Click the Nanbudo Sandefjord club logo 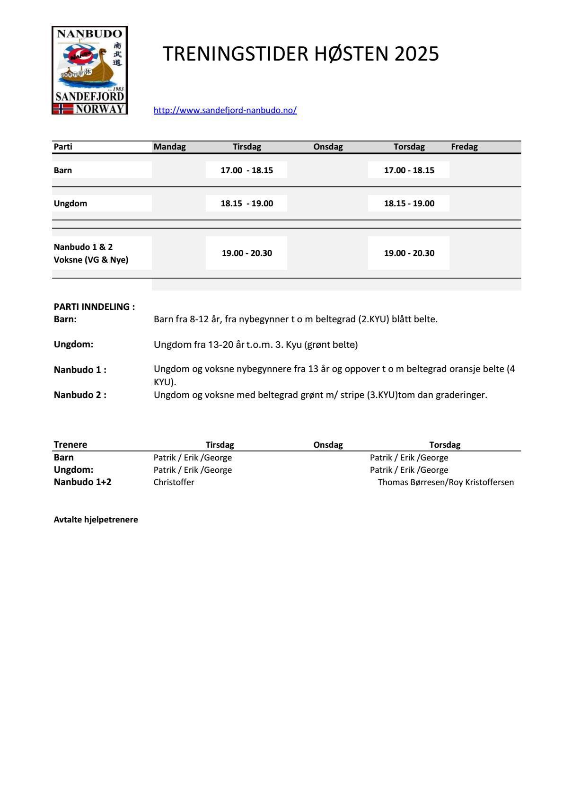click(x=89, y=70)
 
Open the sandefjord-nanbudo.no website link click(x=225, y=110)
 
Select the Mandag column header click(x=170, y=147)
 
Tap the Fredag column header click(x=464, y=147)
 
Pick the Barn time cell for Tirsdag click(x=246, y=170)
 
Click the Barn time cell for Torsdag click(x=409, y=170)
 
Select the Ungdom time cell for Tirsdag click(x=246, y=203)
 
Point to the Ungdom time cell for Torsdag click(x=409, y=203)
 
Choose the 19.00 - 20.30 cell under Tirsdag click(x=246, y=253)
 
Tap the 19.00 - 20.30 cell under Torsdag click(x=409, y=253)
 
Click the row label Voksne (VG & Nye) click(x=91, y=259)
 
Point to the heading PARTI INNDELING click(x=94, y=307)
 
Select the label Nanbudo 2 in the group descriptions click(x=80, y=395)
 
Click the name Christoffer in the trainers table click(x=174, y=482)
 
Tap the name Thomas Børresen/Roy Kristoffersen click(x=446, y=482)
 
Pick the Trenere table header click(x=70, y=444)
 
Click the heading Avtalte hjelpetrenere click(x=96, y=520)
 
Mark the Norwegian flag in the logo click(x=62, y=109)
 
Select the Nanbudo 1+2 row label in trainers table click(x=82, y=482)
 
